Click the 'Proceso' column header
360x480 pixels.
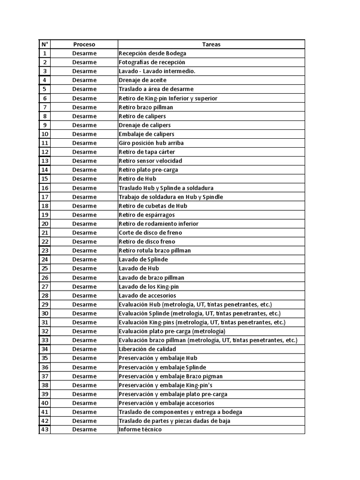coord(84,44)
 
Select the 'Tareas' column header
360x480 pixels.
coord(211,44)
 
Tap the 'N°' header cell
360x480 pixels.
coord(45,44)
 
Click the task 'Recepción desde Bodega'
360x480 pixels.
coord(152,53)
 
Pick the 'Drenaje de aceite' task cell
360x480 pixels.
coord(142,80)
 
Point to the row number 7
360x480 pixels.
coord(45,107)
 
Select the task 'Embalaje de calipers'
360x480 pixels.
coord(146,134)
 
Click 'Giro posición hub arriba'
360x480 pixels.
coord(151,143)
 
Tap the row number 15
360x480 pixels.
coord(45,179)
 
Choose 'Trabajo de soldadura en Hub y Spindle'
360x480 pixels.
coord(171,197)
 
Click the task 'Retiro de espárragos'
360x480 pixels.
coord(147,215)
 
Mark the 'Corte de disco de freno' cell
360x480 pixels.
coord(150,232)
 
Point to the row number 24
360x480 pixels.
coord(45,259)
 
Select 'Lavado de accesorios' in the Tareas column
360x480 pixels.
coord(147,295)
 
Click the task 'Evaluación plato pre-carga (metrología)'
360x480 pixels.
coord(172,331)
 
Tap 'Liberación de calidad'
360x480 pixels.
coord(147,349)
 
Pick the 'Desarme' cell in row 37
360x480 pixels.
coord(84,376)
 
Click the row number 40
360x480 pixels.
coord(45,403)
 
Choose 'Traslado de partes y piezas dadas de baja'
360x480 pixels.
coord(174,421)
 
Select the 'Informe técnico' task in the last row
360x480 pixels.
coord(140,429)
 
